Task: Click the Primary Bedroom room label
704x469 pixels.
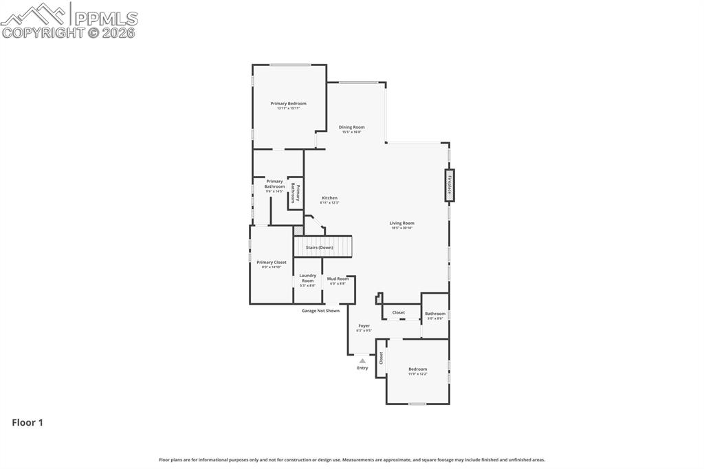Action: (288, 104)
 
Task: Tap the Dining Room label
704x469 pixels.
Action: (351, 127)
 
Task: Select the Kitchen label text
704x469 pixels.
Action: (329, 198)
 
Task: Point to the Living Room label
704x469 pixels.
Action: (401, 223)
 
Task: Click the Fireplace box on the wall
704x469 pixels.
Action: (450, 185)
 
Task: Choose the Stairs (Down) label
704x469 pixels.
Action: (320, 248)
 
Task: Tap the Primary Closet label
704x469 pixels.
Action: (271, 262)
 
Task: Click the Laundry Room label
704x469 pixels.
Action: (307, 278)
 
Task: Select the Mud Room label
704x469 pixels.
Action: (338, 279)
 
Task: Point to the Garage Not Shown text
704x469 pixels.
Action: (320, 311)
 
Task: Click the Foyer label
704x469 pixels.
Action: (364, 326)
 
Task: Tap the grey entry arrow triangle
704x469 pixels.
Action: (362, 360)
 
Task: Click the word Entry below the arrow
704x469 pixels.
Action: (362, 368)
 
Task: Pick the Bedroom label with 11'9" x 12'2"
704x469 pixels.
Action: (417, 369)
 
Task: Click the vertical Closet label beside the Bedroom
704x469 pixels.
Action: (381, 358)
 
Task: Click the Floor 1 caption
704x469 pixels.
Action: (27, 423)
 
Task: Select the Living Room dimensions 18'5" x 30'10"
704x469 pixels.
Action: (401, 228)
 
